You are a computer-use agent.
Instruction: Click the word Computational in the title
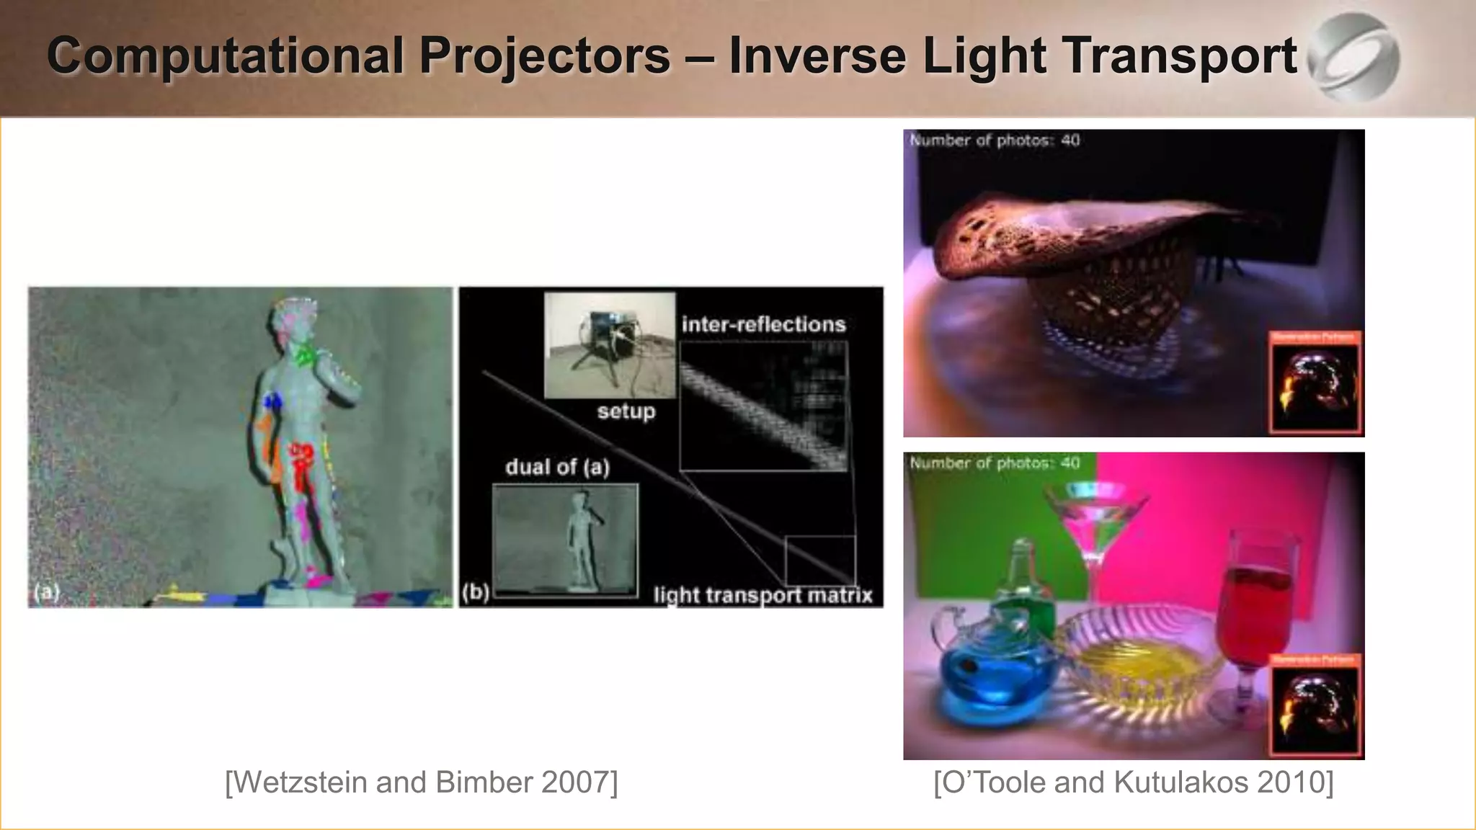point(225,56)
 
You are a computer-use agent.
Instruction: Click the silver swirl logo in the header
point(1353,57)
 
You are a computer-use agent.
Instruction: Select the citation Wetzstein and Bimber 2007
point(422,782)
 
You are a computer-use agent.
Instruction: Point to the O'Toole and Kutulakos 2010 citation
point(1133,782)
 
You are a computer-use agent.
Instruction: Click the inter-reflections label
point(763,325)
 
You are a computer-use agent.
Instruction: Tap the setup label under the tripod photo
point(626,412)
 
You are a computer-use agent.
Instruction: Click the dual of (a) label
point(557,468)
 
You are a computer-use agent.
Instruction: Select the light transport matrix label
point(763,595)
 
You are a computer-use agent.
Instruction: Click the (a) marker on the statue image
point(46,592)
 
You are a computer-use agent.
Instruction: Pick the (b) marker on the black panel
point(476,592)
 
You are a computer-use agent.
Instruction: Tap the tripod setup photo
point(610,344)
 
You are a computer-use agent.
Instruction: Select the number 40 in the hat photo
point(1070,140)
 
